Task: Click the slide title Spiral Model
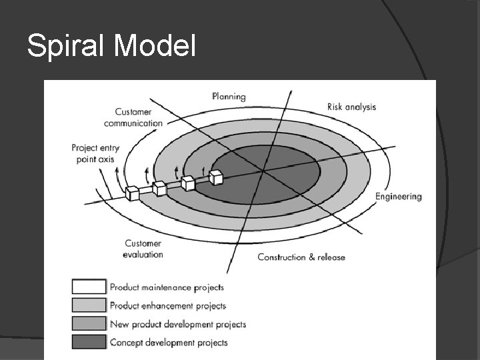coord(111,46)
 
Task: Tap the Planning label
coord(229,97)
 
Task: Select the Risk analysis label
coord(351,107)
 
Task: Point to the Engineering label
coord(398,197)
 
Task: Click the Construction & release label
coord(301,257)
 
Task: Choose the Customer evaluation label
coord(143,249)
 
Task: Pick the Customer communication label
coord(133,117)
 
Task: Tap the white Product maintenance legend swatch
coord(89,287)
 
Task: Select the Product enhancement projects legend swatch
coord(89,305)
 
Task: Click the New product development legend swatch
coord(89,324)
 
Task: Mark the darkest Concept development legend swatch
coord(89,342)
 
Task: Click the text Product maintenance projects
coord(167,288)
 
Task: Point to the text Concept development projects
coord(169,343)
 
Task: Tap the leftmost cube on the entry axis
coord(132,194)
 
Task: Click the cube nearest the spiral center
coord(215,177)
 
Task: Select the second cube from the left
coord(159,189)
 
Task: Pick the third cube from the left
coord(187,183)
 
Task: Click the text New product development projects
coord(178,325)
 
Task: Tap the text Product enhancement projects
coord(168,306)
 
